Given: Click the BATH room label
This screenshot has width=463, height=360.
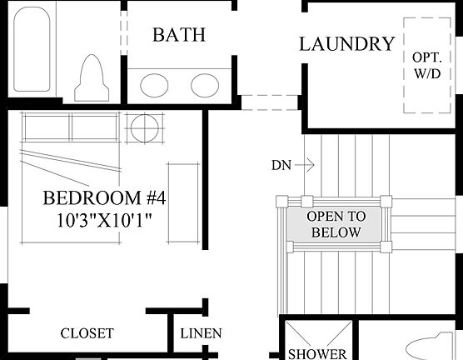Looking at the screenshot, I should click(178, 35).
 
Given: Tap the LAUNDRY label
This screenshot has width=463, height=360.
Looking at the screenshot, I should click(346, 44).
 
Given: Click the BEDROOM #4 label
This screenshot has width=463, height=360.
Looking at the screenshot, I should click(104, 199).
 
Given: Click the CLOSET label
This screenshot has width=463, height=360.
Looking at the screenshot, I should click(87, 333).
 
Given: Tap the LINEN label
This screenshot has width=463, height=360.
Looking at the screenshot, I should click(202, 333).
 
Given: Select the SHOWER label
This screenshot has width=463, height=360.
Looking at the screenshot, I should click(317, 353).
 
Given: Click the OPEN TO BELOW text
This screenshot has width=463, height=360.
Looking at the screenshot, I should click(335, 224).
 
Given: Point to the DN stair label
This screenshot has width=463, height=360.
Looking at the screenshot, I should click(281, 165).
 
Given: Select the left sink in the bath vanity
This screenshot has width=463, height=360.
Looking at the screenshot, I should click(153, 85).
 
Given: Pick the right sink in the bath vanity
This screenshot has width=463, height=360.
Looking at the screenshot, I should click(205, 85).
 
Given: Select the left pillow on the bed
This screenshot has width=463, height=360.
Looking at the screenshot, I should click(47, 127).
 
